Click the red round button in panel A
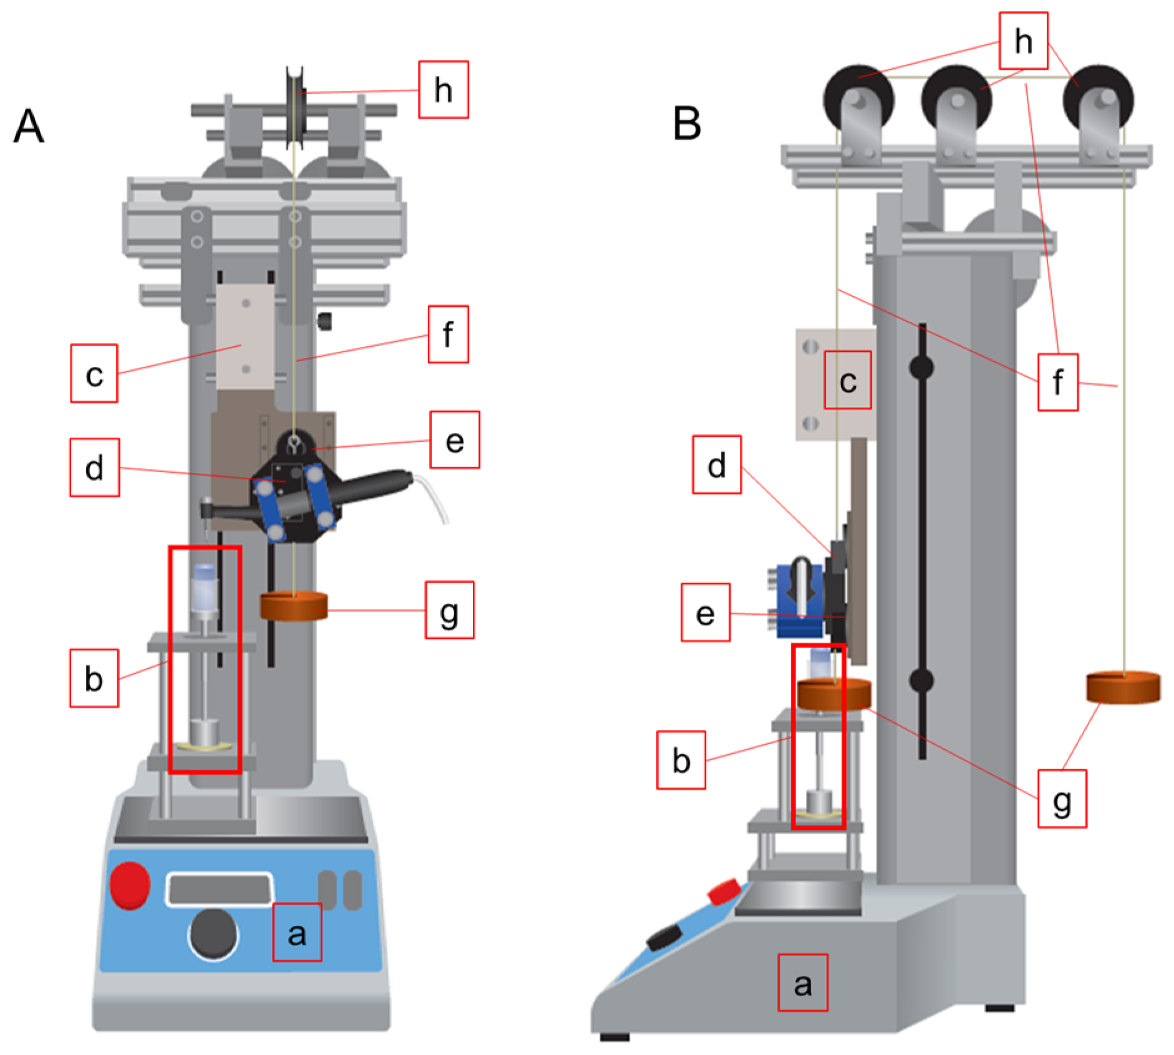[x=130, y=885]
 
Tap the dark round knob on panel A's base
[x=213, y=933]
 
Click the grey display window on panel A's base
[x=219, y=889]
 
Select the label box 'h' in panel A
[x=443, y=89]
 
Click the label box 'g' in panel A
[x=449, y=610]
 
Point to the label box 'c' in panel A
[x=94, y=373]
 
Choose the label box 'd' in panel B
[x=717, y=465]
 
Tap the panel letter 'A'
[x=29, y=126]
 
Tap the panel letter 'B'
[x=687, y=123]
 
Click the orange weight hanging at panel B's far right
[x=1123, y=687]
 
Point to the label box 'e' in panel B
[x=705, y=613]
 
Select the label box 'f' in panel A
[x=448, y=334]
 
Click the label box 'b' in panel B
[x=681, y=760]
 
